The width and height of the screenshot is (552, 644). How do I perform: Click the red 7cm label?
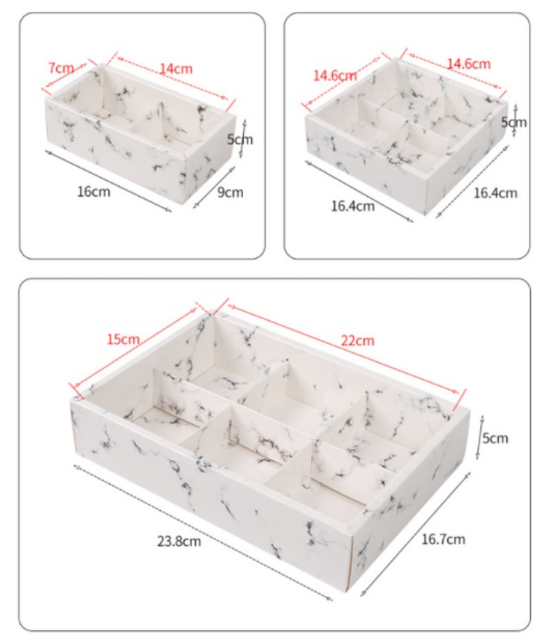pyautogui.click(x=61, y=68)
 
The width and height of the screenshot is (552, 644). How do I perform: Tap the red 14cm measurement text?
pyautogui.click(x=177, y=69)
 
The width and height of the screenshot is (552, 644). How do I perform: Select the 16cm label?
pyautogui.click(x=93, y=191)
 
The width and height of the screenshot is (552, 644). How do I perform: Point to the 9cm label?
pyautogui.click(x=230, y=192)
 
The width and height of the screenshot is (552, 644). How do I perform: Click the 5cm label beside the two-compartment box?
pyautogui.click(x=240, y=140)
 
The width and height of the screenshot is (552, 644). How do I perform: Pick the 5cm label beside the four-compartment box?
pyautogui.click(x=513, y=122)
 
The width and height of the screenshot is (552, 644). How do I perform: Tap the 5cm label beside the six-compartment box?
pyautogui.click(x=495, y=438)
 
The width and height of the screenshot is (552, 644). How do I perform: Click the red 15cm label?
pyautogui.click(x=123, y=340)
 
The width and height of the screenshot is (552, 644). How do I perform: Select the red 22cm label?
pyautogui.click(x=358, y=340)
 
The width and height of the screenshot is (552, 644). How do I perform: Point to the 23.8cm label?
pyautogui.click(x=179, y=541)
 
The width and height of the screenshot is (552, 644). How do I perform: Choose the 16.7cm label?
pyautogui.click(x=444, y=539)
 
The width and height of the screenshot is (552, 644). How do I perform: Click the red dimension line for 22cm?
pyautogui.click(x=343, y=349)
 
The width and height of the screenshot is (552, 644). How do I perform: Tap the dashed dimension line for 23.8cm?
pyautogui.click(x=203, y=533)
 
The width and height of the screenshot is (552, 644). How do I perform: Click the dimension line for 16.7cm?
pyautogui.click(x=416, y=534)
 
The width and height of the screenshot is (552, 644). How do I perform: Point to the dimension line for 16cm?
pyautogui.click(x=108, y=181)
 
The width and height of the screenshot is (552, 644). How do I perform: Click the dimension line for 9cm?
pyautogui.click(x=215, y=187)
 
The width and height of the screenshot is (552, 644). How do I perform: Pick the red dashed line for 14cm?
pyautogui.click(x=172, y=78)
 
